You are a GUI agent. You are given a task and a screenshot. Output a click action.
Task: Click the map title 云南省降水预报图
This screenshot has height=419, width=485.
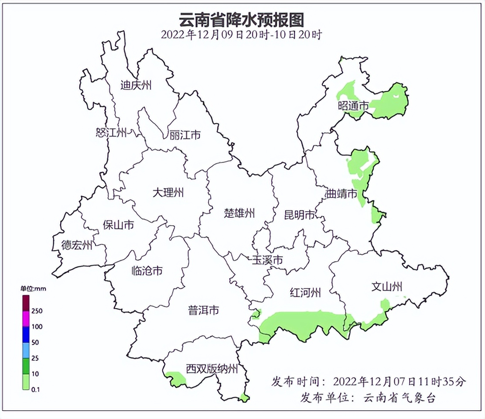(x=242, y=20)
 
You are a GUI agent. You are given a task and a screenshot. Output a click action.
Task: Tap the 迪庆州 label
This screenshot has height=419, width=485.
(x=136, y=85)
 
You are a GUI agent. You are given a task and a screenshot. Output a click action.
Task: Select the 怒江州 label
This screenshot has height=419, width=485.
(x=111, y=132)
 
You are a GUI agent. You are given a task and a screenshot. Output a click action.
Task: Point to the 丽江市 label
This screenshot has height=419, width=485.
(x=185, y=135)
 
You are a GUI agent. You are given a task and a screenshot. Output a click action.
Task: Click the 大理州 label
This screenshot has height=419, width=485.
(x=168, y=192)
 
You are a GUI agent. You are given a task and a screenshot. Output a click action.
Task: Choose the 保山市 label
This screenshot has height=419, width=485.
(x=118, y=225)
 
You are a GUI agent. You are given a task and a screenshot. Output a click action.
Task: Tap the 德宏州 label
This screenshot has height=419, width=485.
(x=77, y=245)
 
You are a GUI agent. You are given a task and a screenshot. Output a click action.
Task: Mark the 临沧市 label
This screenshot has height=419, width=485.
(x=147, y=271)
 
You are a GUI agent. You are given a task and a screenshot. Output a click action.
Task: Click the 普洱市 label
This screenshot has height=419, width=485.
(x=203, y=310)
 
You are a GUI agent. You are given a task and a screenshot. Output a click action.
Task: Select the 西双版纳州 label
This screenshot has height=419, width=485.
(x=212, y=369)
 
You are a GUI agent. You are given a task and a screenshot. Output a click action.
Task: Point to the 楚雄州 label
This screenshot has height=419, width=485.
(x=239, y=213)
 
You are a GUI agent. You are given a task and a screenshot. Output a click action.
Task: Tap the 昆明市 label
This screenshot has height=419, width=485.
(x=299, y=215)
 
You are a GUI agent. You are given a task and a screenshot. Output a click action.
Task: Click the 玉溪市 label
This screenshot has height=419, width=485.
(x=268, y=260)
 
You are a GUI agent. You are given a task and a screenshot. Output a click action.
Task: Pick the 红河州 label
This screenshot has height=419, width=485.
(x=306, y=292)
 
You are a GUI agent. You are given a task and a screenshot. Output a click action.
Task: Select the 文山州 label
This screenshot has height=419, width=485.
(x=386, y=287)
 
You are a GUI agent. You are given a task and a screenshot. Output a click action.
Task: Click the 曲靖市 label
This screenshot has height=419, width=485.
(x=342, y=194)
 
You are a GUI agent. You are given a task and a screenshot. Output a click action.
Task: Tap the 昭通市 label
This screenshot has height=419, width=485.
(x=353, y=106)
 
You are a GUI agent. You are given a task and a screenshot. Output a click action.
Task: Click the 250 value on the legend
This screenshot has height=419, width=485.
(x=37, y=311)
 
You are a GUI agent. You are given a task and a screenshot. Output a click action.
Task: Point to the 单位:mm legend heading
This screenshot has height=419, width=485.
(x=33, y=288)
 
